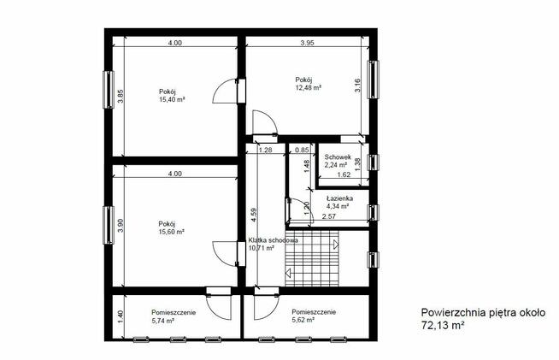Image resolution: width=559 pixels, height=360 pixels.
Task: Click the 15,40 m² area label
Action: coord(172,100)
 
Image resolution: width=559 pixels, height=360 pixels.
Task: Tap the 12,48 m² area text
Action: coord(308,87)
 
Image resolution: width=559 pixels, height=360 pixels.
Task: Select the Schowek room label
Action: coord(338,157)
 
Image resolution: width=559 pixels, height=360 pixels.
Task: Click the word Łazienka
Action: coord(339,198)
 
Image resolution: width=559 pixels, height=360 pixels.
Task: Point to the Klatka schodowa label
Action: coord(273,240)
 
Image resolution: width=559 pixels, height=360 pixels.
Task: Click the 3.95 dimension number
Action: coord(307,43)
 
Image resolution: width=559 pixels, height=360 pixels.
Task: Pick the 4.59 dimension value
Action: coord(254,215)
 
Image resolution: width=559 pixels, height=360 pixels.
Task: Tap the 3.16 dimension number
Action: coord(357,86)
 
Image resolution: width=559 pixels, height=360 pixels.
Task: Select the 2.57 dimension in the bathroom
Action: coord(329,216)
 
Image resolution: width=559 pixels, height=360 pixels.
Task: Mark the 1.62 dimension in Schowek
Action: coord(344,174)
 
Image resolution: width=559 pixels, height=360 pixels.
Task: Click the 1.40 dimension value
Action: coord(121,317)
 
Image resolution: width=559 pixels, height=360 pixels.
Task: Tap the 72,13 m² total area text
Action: coord(443,325)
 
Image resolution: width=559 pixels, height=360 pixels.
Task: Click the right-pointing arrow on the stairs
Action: coord(335,245)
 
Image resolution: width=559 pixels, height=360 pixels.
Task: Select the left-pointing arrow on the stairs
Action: coord(288,274)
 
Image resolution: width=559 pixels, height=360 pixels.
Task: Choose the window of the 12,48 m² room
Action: coord(373,80)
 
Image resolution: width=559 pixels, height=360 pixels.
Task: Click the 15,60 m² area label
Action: coord(172,232)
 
